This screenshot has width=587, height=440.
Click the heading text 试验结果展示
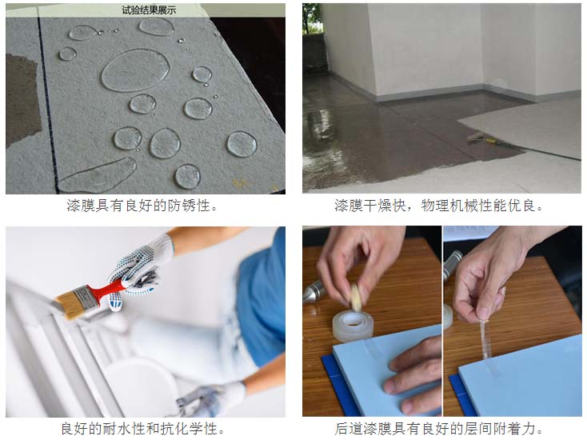149,10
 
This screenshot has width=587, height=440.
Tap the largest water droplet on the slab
135,70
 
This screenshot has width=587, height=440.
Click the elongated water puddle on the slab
98,175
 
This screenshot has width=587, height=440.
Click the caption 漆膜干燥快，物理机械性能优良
437,206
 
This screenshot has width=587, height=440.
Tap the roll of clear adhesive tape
352,326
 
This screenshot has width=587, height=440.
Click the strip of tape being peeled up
485,339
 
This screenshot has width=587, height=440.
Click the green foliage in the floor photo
310,18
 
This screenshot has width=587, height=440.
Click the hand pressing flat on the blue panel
413,374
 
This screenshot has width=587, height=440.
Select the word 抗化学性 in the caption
195,429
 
